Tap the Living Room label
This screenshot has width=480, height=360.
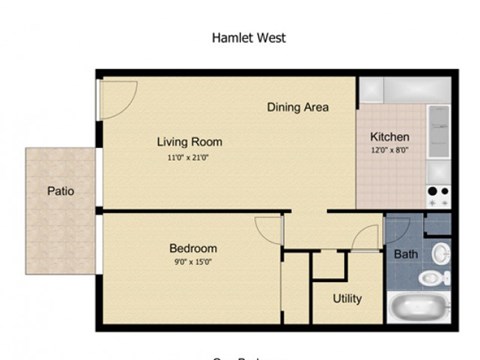pyautogui.click(x=188, y=141)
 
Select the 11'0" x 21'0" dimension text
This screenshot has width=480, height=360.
pyautogui.click(x=188, y=157)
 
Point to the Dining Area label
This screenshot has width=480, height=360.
pyautogui.click(x=297, y=107)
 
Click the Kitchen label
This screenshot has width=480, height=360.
pyautogui.click(x=389, y=136)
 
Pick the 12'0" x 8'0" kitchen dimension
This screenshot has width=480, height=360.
pyautogui.click(x=389, y=150)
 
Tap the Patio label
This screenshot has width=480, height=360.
pyautogui.click(x=60, y=191)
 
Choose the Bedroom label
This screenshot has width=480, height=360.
pyautogui.click(x=192, y=248)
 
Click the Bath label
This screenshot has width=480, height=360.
pyautogui.click(x=405, y=254)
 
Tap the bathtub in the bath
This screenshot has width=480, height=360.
pyautogui.click(x=420, y=308)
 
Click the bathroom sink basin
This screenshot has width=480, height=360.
pyautogui.click(x=440, y=250)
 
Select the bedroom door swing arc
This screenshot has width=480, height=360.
pyautogui.click(x=269, y=230)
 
